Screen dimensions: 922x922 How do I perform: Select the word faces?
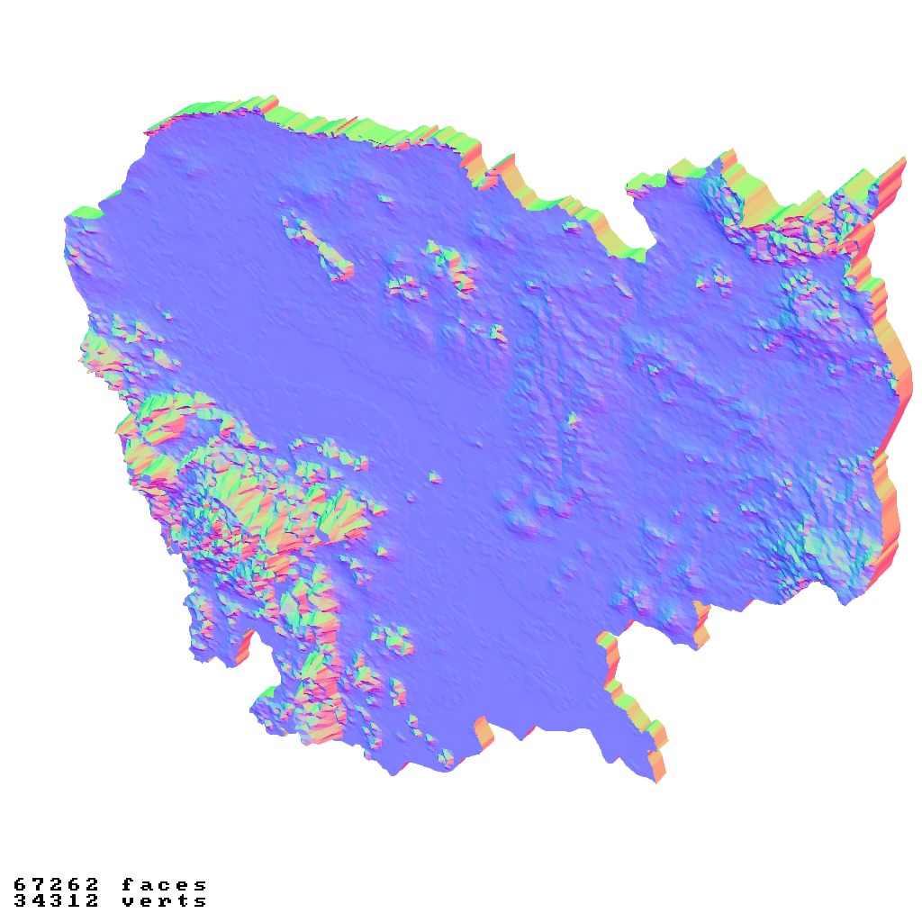(x=164, y=885)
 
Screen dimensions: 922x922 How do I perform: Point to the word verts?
(x=164, y=900)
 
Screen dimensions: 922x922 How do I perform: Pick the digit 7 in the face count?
(x=39, y=885)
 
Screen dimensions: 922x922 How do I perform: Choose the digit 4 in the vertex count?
(x=39, y=900)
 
